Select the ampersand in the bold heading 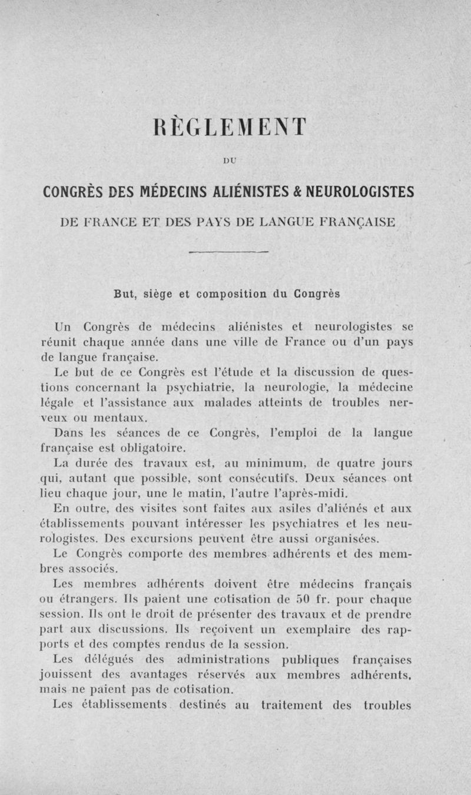[x=306, y=193]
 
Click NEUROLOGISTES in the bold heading [x=364, y=193]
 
